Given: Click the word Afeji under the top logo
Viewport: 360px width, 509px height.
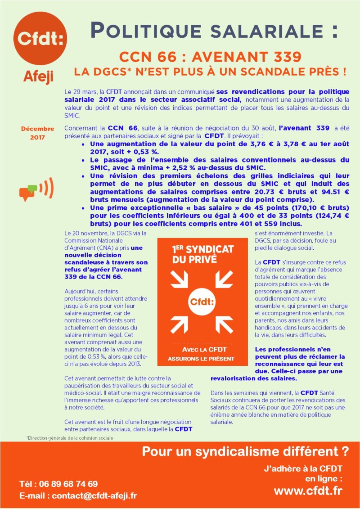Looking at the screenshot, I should click(38, 77).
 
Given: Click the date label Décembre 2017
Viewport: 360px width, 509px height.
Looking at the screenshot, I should click(37, 133).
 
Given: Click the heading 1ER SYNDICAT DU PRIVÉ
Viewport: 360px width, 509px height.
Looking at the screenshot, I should click(197, 254).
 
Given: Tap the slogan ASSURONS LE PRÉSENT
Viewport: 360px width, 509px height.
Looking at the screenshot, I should click(201, 359).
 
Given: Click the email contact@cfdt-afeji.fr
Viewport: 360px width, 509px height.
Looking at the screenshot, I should click(78, 496).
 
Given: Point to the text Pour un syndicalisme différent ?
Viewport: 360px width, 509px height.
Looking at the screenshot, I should click(245, 451).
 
